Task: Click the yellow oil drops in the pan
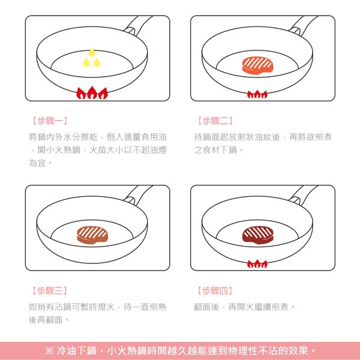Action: (x=92, y=58)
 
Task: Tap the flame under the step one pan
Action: (x=92, y=94)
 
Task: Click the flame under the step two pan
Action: (x=257, y=94)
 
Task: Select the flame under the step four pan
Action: (x=257, y=264)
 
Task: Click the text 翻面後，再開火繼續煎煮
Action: (x=245, y=307)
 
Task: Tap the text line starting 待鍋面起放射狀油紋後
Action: (x=263, y=137)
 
